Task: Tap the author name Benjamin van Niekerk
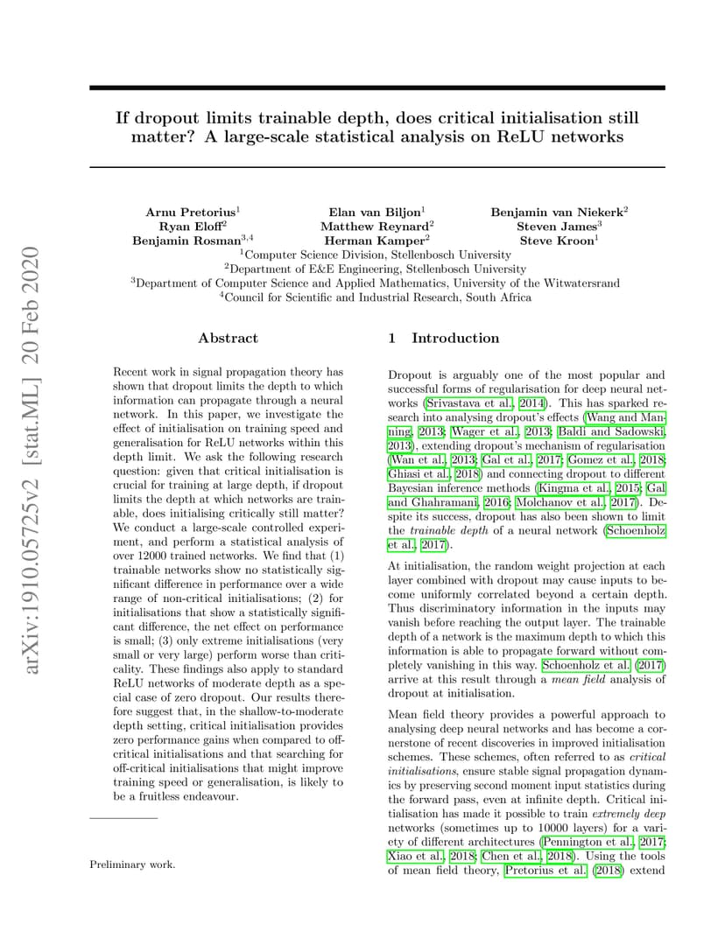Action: (556, 212)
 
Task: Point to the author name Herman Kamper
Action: (374, 240)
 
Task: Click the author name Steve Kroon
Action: (556, 240)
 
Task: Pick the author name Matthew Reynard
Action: (374, 226)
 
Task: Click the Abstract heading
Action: (228, 338)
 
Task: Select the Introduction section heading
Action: (455, 338)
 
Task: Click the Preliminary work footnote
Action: (132, 864)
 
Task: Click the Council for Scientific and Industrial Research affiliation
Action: (377, 297)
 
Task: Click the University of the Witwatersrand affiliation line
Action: (377, 283)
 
